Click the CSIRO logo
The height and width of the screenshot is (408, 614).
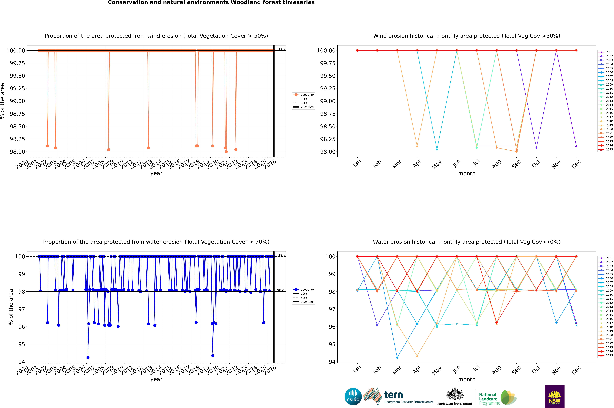pyautogui.click(x=353, y=397)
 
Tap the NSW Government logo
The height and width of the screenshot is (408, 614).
pyautogui.click(x=554, y=397)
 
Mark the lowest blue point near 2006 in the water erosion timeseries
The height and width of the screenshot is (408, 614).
pyautogui.click(x=88, y=358)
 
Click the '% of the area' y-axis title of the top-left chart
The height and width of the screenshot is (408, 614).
pyautogui.click(x=3, y=101)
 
